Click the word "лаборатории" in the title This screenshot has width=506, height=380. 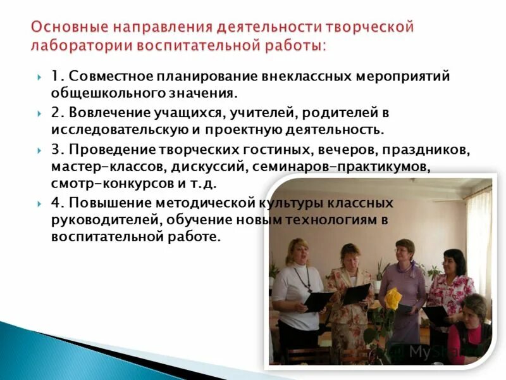pyautogui.click(x=79, y=46)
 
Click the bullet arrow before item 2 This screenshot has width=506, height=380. pyautogui.click(x=39, y=114)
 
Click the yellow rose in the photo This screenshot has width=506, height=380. pyautogui.click(x=393, y=298)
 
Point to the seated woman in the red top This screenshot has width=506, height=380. pyautogui.click(x=471, y=329)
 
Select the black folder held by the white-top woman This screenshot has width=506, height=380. pyautogui.click(x=318, y=300)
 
